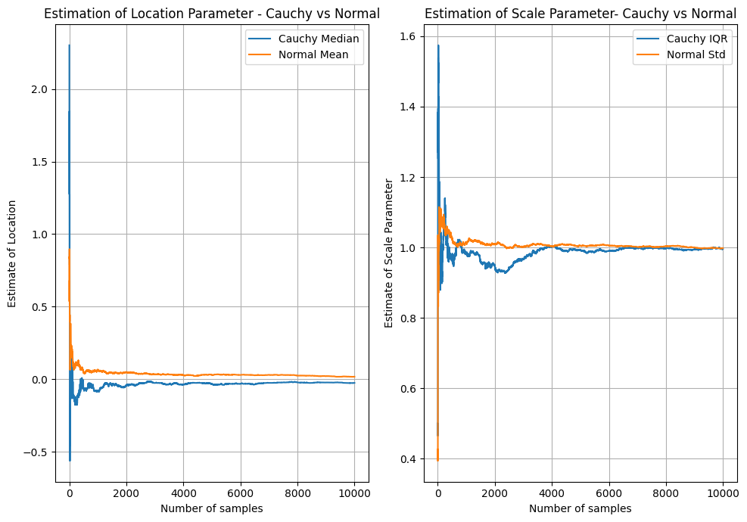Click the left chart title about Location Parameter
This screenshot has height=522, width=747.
click(x=212, y=14)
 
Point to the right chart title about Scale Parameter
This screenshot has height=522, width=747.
click(x=580, y=14)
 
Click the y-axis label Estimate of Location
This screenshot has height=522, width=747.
click(x=12, y=253)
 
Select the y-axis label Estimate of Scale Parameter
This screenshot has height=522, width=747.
click(x=389, y=253)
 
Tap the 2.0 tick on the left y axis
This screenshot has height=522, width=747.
click(x=39, y=89)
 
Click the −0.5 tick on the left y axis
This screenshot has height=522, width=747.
click(x=36, y=452)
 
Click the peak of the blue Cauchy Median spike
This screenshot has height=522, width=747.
click(x=69, y=45)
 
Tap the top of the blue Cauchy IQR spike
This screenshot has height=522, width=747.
click(x=438, y=45)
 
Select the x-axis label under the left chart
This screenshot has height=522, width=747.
click(x=212, y=508)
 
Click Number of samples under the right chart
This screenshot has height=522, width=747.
click(x=580, y=508)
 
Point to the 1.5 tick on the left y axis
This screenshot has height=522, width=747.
click(x=39, y=162)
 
